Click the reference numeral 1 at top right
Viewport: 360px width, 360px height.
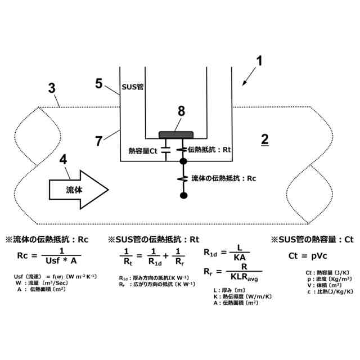click(x=260, y=59)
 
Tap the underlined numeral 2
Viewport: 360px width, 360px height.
click(x=264, y=138)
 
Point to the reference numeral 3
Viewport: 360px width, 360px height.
click(x=52, y=88)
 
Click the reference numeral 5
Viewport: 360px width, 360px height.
click(x=99, y=84)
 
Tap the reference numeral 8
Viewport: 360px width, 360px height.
click(x=181, y=111)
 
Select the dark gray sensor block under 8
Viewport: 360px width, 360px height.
click(x=176, y=134)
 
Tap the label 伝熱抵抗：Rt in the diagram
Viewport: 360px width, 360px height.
click(x=210, y=150)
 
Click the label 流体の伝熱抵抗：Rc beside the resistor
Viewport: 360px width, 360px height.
click(x=224, y=178)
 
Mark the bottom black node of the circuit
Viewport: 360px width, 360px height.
click(x=183, y=195)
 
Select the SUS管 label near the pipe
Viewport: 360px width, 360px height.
click(x=133, y=88)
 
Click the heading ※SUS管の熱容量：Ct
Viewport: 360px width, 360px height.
click(x=312, y=239)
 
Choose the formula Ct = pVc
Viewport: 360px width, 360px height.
click(x=307, y=255)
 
